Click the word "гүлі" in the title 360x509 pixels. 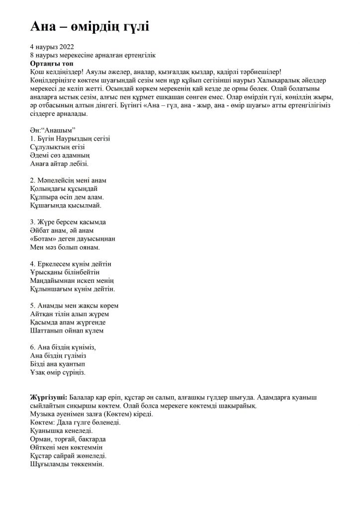(x=131, y=26)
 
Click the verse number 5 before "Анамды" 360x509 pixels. (x=32, y=306)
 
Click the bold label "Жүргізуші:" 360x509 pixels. (x=48, y=398)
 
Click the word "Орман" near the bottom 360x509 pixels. (x=42, y=439)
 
